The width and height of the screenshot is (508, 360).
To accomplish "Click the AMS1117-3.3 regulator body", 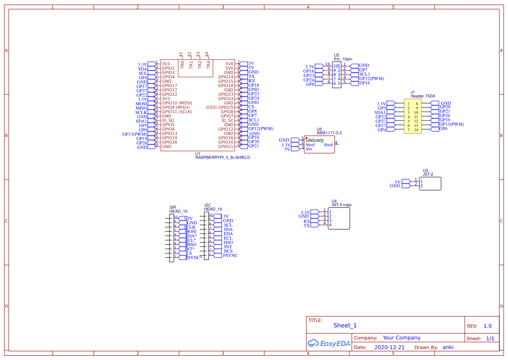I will click(x=319, y=145).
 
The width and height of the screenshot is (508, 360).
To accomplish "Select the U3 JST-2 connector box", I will click(x=430, y=183).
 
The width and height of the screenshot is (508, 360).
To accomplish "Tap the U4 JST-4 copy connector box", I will click(x=339, y=219).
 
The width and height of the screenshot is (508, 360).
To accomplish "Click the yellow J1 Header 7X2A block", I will click(x=412, y=116).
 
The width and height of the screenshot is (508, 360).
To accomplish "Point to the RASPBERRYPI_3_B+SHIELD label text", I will click(x=222, y=157).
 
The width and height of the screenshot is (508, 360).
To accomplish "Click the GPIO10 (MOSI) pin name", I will click(x=177, y=103).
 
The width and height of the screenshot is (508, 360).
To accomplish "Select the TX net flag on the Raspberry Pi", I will click(x=251, y=77).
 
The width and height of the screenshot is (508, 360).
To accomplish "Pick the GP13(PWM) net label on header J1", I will click(x=452, y=124).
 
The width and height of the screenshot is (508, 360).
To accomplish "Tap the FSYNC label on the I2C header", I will click(x=230, y=256).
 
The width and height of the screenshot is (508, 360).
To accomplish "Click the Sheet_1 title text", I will click(x=345, y=325).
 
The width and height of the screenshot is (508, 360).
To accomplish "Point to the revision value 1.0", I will click(x=488, y=326).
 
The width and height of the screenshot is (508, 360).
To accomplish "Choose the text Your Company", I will click(x=401, y=338).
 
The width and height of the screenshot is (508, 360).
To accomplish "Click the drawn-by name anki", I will click(x=448, y=347).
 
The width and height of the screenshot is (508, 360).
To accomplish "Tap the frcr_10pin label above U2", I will click(x=343, y=59).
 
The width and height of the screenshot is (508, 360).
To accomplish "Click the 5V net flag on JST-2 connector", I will click(x=397, y=182).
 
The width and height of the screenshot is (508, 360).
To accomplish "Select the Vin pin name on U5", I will click(x=309, y=149).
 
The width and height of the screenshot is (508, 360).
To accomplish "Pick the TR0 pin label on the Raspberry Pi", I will click(x=183, y=64).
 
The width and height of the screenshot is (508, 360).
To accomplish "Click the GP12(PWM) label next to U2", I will click(x=372, y=79).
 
